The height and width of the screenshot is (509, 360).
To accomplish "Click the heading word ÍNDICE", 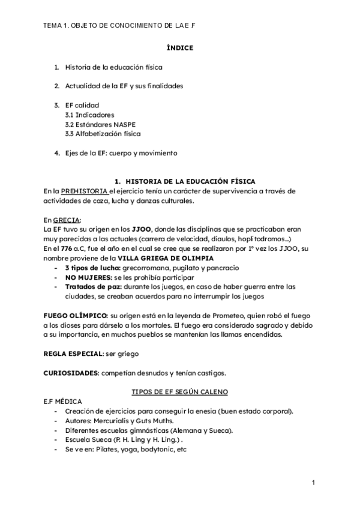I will (180, 48).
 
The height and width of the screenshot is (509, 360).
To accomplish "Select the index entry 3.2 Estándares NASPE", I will (94, 124).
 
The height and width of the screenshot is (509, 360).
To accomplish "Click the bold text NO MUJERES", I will (88, 277).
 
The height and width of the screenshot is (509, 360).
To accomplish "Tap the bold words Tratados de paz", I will (92, 287).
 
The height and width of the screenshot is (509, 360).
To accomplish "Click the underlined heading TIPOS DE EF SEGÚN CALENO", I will (179, 392).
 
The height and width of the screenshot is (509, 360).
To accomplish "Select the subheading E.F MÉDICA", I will (63, 401).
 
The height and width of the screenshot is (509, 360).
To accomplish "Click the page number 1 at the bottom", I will (314, 484).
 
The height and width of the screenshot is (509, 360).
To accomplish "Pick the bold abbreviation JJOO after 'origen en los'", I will (142, 230).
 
